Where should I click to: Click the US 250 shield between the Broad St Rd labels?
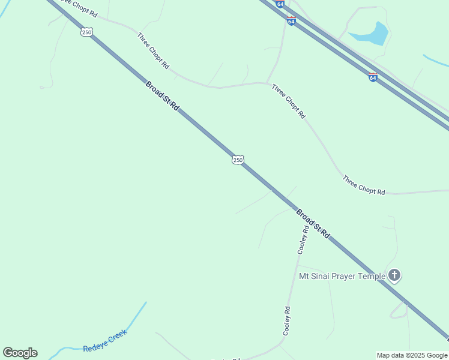(238, 160)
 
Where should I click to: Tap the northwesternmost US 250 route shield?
(86, 32)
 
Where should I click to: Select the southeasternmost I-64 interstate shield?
(373, 77)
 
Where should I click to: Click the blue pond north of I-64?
(372, 35)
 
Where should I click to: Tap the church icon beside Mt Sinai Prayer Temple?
(394, 276)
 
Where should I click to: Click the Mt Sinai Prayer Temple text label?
(342, 277)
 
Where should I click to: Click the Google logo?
(20, 353)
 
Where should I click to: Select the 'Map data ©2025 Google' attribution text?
(412, 355)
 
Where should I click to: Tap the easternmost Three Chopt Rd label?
(363, 185)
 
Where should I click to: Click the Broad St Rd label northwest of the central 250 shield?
(162, 96)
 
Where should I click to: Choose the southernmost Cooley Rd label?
(287, 320)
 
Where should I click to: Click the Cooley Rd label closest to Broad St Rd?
(304, 239)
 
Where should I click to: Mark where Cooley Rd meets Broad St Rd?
(294, 209)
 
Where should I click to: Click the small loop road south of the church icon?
(398, 310)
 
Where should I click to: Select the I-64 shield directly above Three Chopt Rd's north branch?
(291, 21)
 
